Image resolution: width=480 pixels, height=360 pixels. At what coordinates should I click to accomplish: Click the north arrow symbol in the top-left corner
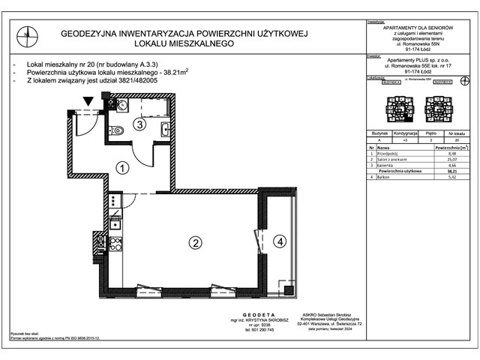(27, 32)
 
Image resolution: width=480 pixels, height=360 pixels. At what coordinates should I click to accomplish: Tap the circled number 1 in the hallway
(121, 169)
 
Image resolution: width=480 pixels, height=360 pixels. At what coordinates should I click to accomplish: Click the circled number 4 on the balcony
(279, 241)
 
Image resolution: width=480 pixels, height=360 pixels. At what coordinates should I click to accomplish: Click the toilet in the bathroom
(117, 105)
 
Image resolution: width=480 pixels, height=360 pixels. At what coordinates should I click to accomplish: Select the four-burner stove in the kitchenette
(115, 243)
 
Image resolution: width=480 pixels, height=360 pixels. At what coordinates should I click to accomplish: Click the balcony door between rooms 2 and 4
(258, 241)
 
